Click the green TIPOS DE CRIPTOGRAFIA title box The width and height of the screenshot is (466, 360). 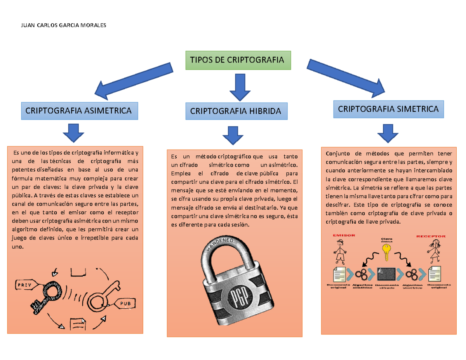pyautogui.click(x=238, y=60)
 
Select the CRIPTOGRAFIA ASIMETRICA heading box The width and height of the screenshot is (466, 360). pyautogui.click(x=78, y=110)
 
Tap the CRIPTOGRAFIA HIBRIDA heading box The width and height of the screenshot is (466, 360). pyautogui.click(x=236, y=111)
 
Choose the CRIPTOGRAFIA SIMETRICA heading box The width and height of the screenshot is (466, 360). pyautogui.click(x=388, y=109)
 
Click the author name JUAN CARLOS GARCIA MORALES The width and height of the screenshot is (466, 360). pyautogui.click(x=63, y=25)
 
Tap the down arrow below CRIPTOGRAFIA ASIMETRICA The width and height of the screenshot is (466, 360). pyautogui.click(x=73, y=133)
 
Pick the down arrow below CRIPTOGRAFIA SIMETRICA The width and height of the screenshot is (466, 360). pyautogui.click(x=387, y=133)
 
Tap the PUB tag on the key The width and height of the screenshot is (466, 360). pyautogui.click(x=125, y=303)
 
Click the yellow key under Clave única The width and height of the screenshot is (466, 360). pyautogui.click(x=386, y=251)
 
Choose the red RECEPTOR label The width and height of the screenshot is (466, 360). pyautogui.click(x=431, y=236)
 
